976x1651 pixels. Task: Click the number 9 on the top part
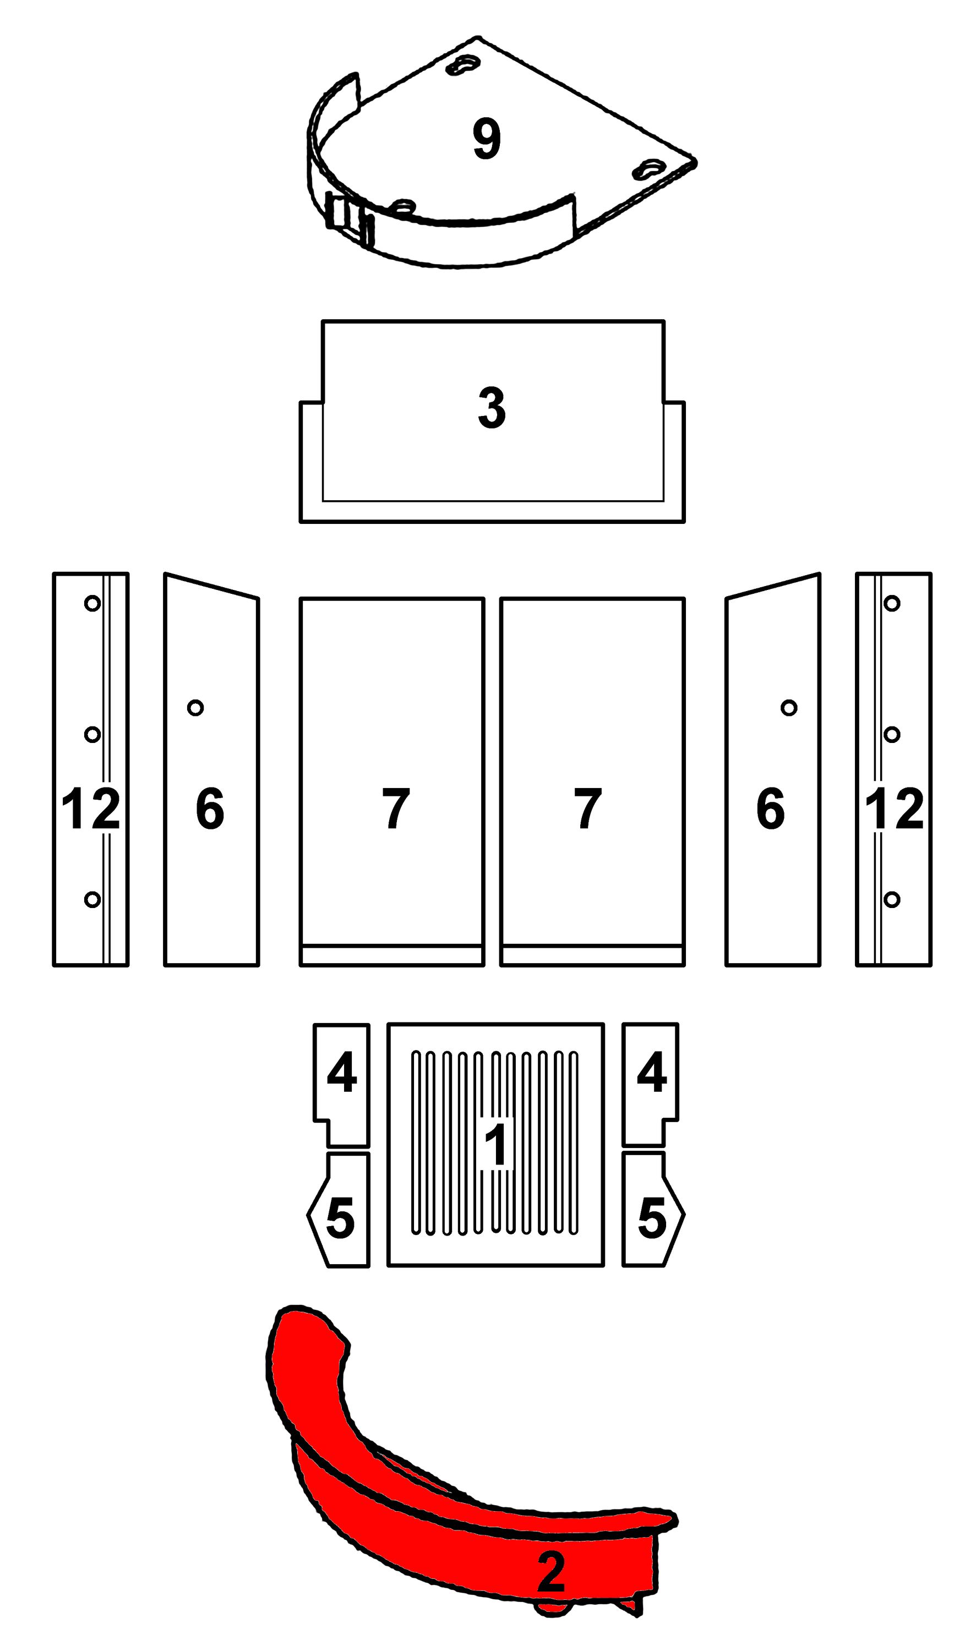tap(487, 139)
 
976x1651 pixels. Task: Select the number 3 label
tap(492, 408)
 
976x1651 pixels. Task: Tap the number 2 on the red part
tap(551, 1571)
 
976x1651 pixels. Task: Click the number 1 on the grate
tap(495, 1145)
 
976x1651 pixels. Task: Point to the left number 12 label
tap(91, 809)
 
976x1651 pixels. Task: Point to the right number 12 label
tap(895, 809)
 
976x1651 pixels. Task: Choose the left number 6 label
tap(210, 809)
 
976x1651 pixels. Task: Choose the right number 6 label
tap(771, 809)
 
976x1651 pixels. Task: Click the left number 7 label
tap(396, 809)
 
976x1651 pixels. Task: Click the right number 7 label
tap(588, 809)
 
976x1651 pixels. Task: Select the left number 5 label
tap(341, 1218)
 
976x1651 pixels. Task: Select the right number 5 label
tap(652, 1218)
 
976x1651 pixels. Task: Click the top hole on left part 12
tap(92, 603)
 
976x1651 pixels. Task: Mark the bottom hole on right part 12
tap(892, 899)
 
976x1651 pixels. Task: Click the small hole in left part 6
tap(195, 708)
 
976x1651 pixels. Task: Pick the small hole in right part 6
tap(789, 708)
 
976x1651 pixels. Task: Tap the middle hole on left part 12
tap(92, 735)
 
